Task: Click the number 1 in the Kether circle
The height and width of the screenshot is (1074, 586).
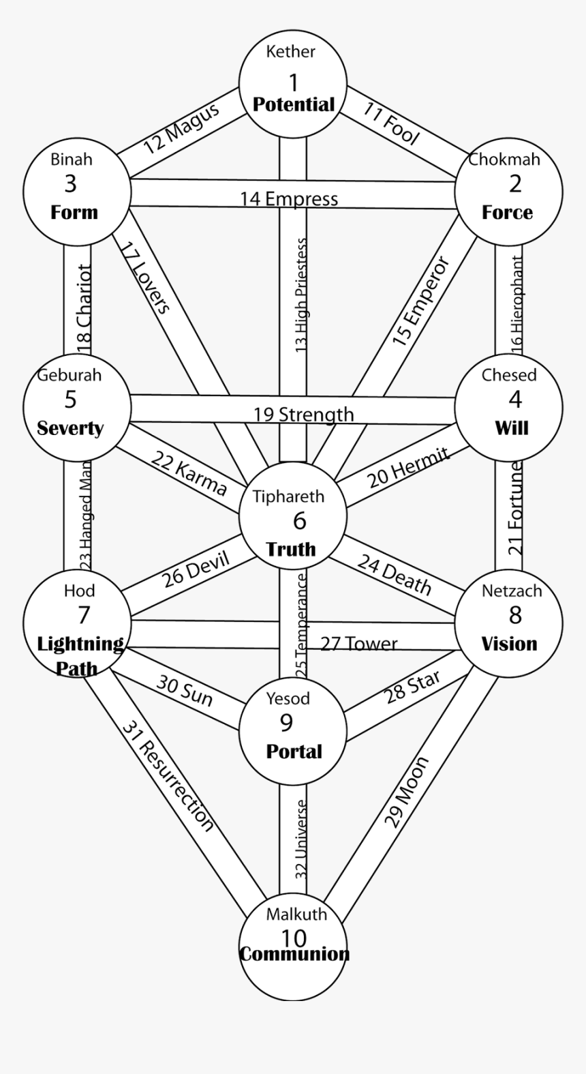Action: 294,83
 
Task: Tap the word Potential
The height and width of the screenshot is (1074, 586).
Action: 294,104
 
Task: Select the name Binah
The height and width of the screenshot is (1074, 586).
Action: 71,160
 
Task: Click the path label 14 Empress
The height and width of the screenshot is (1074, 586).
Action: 288,198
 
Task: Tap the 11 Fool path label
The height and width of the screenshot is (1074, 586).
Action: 390,123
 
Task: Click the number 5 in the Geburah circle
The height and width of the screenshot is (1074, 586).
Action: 71,399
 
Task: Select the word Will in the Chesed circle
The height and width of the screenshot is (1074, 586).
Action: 511,428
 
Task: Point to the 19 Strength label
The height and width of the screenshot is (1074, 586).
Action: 304,414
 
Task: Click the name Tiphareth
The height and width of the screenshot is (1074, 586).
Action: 288,496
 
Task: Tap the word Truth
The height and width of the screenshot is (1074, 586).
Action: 291,548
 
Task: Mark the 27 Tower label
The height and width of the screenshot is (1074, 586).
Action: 358,643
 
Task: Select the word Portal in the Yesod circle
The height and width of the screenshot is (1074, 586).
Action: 294,751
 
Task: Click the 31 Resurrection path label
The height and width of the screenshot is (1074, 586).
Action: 168,775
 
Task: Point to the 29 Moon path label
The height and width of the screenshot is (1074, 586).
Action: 407,791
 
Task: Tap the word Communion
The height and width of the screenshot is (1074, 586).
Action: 294,953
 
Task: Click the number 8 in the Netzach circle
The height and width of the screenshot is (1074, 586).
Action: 515,614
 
